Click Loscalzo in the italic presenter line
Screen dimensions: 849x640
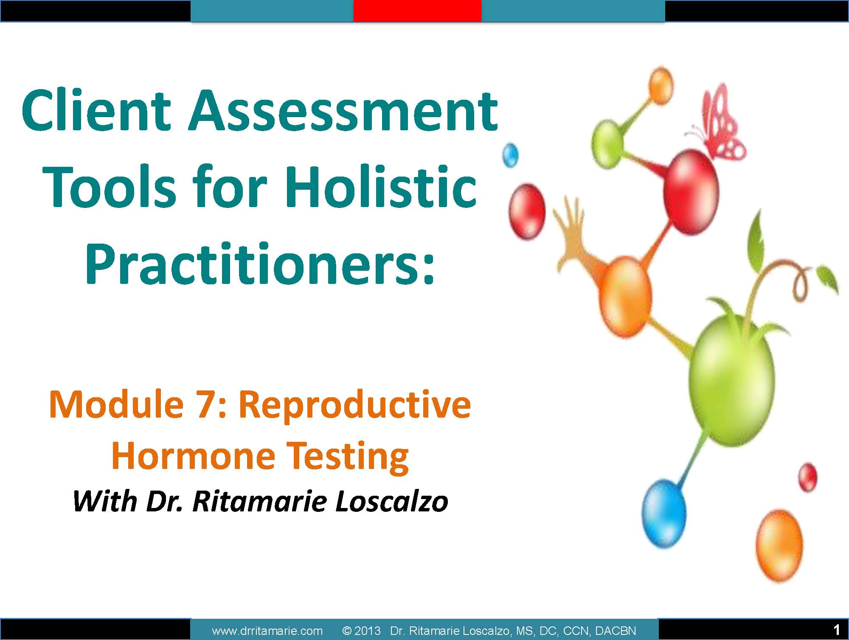(391, 502)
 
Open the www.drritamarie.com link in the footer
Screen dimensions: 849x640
(267, 631)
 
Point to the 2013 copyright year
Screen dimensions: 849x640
(368, 631)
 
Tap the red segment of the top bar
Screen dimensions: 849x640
(417, 11)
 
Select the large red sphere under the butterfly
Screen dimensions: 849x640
(691, 192)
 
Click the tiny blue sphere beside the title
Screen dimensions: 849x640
(510, 155)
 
